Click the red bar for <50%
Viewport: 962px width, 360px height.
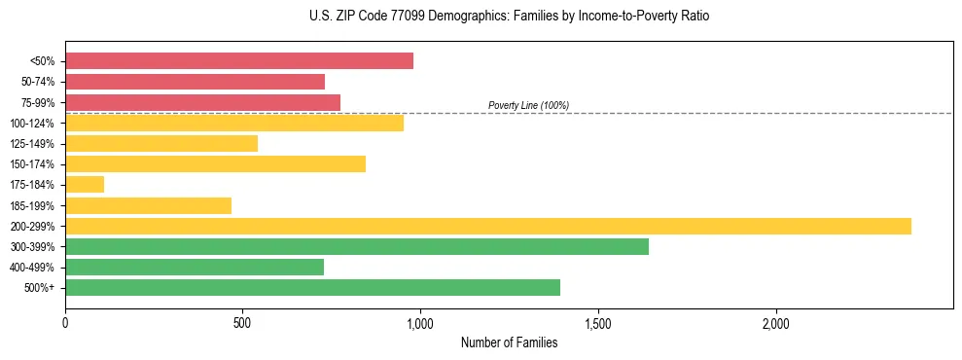click(239, 61)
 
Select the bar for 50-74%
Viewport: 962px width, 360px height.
click(195, 82)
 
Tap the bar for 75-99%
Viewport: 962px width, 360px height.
click(202, 102)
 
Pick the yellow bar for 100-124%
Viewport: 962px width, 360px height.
click(234, 123)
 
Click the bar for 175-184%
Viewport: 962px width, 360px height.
click(85, 185)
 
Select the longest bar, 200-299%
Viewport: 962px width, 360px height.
click(488, 226)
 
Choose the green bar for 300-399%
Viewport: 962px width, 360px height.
click(357, 246)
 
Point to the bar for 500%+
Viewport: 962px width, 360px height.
click(312, 287)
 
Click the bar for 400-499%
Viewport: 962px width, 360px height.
click(195, 267)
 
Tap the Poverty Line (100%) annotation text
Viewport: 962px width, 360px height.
click(528, 105)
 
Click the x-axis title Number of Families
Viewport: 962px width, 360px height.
click(509, 342)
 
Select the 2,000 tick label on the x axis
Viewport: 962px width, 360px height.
click(776, 322)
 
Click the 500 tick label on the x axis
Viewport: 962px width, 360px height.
click(243, 322)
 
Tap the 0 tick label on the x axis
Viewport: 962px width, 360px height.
click(65, 322)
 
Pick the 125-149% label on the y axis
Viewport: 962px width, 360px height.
click(32, 144)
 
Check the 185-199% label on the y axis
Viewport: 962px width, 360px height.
click(32, 205)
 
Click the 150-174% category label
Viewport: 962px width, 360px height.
click(32, 164)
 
